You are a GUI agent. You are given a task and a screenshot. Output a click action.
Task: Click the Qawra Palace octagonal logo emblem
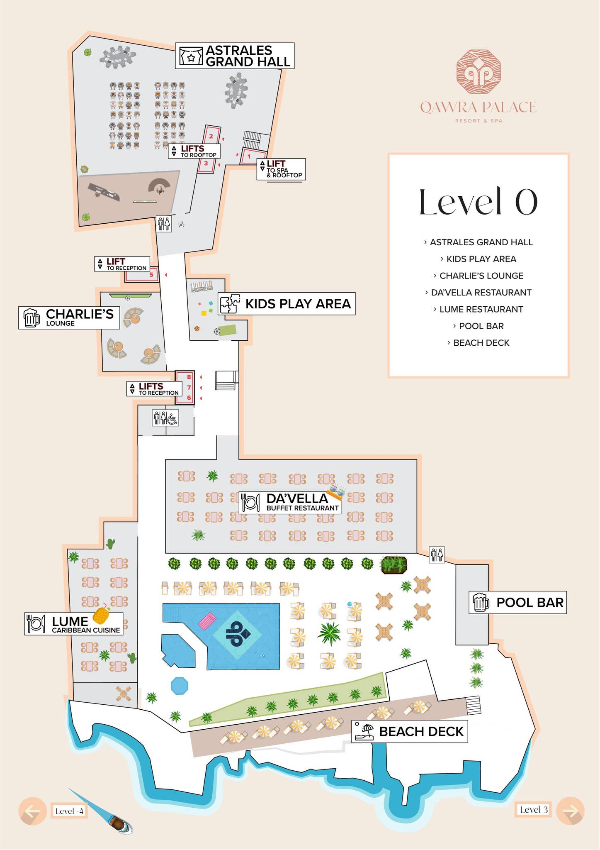click(478, 72)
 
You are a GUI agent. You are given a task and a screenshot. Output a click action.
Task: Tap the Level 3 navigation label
click(533, 809)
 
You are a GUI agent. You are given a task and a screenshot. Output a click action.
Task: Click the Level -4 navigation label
click(69, 811)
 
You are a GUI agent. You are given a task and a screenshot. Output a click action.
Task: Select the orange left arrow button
click(32, 811)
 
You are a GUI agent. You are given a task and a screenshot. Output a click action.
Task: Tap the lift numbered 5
click(151, 275)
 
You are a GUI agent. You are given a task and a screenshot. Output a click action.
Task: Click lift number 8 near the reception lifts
click(189, 377)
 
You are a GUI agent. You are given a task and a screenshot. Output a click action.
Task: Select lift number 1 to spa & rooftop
click(249, 156)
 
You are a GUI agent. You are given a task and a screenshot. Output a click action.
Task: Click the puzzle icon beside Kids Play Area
click(229, 303)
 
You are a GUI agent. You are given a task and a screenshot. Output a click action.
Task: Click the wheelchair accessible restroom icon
click(172, 418)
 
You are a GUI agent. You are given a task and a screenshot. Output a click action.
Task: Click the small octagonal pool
click(180, 685)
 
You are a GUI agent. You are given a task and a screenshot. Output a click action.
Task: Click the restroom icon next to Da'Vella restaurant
click(437, 554)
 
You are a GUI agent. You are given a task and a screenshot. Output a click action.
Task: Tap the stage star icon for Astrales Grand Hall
click(191, 56)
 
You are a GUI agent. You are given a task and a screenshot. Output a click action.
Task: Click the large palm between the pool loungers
click(329, 633)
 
